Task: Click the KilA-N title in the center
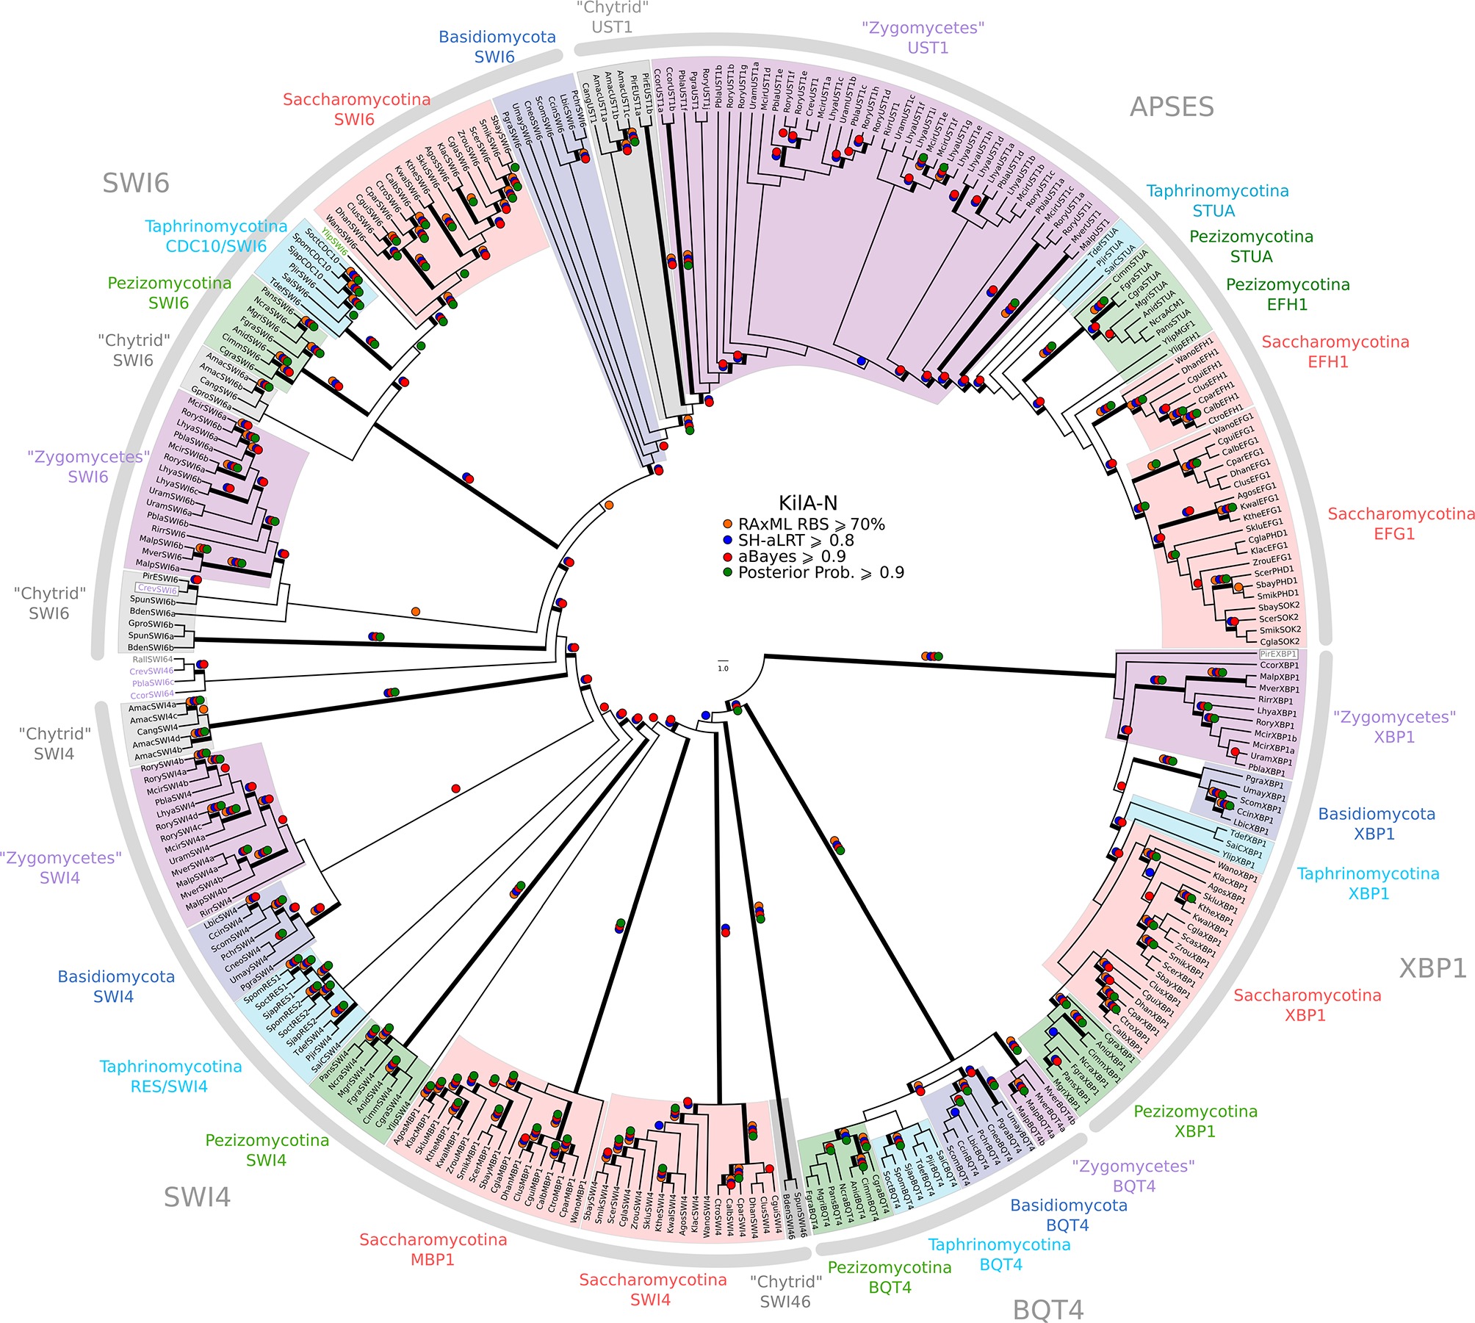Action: coord(807,503)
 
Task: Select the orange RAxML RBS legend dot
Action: coord(728,524)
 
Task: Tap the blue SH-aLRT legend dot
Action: coord(728,541)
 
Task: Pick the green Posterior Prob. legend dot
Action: coord(728,573)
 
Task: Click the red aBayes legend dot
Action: coord(728,557)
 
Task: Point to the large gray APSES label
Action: coord(1172,107)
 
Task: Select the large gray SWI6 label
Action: coord(136,183)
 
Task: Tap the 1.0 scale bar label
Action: coord(723,668)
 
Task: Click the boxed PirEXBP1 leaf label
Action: coord(1278,654)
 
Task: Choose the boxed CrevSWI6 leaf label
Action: coord(157,589)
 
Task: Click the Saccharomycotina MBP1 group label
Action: coord(433,1250)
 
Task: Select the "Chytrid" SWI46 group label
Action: coord(785,1291)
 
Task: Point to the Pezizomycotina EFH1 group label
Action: coord(1288,295)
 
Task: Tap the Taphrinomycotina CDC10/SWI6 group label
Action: coord(216,237)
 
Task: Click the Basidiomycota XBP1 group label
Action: coord(1376,823)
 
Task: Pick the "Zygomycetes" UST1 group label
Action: coord(923,38)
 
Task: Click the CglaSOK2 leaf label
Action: coord(1280,641)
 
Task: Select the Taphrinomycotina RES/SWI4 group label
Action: coord(170,1076)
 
